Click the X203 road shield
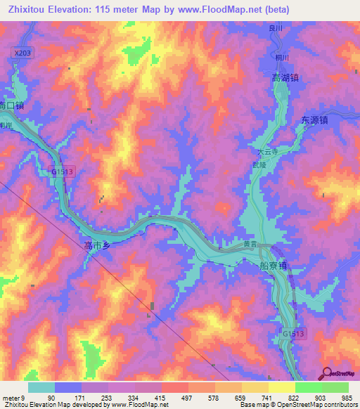(22, 53)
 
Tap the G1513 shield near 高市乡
(63, 171)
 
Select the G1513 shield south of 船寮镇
(294, 334)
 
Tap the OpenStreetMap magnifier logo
(325, 372)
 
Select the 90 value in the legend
(51, 397)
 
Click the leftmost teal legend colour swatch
(41, 387)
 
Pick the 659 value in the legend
(241, 397)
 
